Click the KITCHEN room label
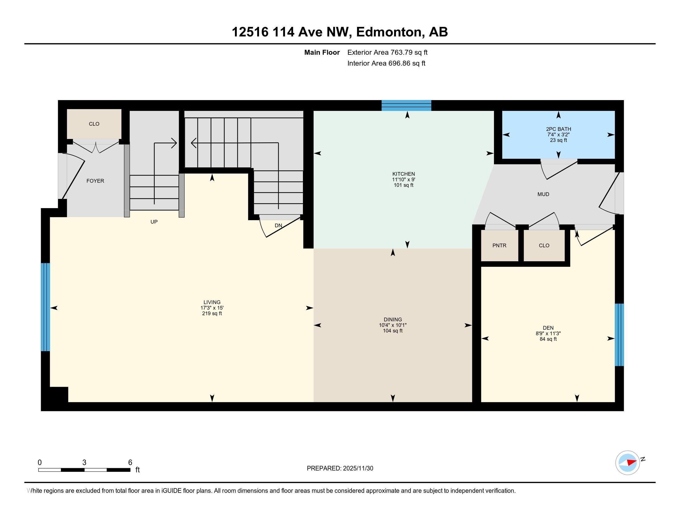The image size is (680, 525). tap(403, 174)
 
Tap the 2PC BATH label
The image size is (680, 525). tap(559, 129)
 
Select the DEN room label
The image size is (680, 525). tap(548, 328)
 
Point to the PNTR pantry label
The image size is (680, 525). tap(499, 246)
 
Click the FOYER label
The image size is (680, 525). tap(95, 181)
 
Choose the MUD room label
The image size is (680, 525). tap(543, 194)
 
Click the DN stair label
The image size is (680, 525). tap(278, 225)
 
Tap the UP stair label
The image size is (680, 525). tap(154, 222)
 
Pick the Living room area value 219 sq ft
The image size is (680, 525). tap(212, 313)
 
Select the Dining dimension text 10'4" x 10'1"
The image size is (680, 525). tap(393, 325)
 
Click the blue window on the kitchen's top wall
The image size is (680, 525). tap(406, 105)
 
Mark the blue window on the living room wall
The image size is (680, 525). tap(45, 307)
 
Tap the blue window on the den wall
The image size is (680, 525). tap(619, 335)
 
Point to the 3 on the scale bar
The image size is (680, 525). tap(84, 463)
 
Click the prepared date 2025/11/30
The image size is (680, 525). tap(357, 468)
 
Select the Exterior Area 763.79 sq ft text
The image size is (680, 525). tap(387, 52)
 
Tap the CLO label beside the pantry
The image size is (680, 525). tap(544, 246)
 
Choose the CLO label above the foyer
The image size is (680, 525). tap(94, 124)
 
